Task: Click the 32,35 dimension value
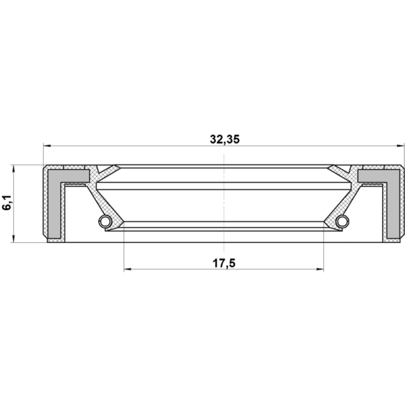click(225, 139)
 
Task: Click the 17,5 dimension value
click(224, 263)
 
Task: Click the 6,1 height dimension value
click(7, 202)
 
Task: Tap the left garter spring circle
click(105, 221)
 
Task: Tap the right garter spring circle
click(343, 221)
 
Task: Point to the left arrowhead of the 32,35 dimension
click(47, 146)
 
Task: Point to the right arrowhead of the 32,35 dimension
click(400, 146)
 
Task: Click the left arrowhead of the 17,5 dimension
click(128, 269)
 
